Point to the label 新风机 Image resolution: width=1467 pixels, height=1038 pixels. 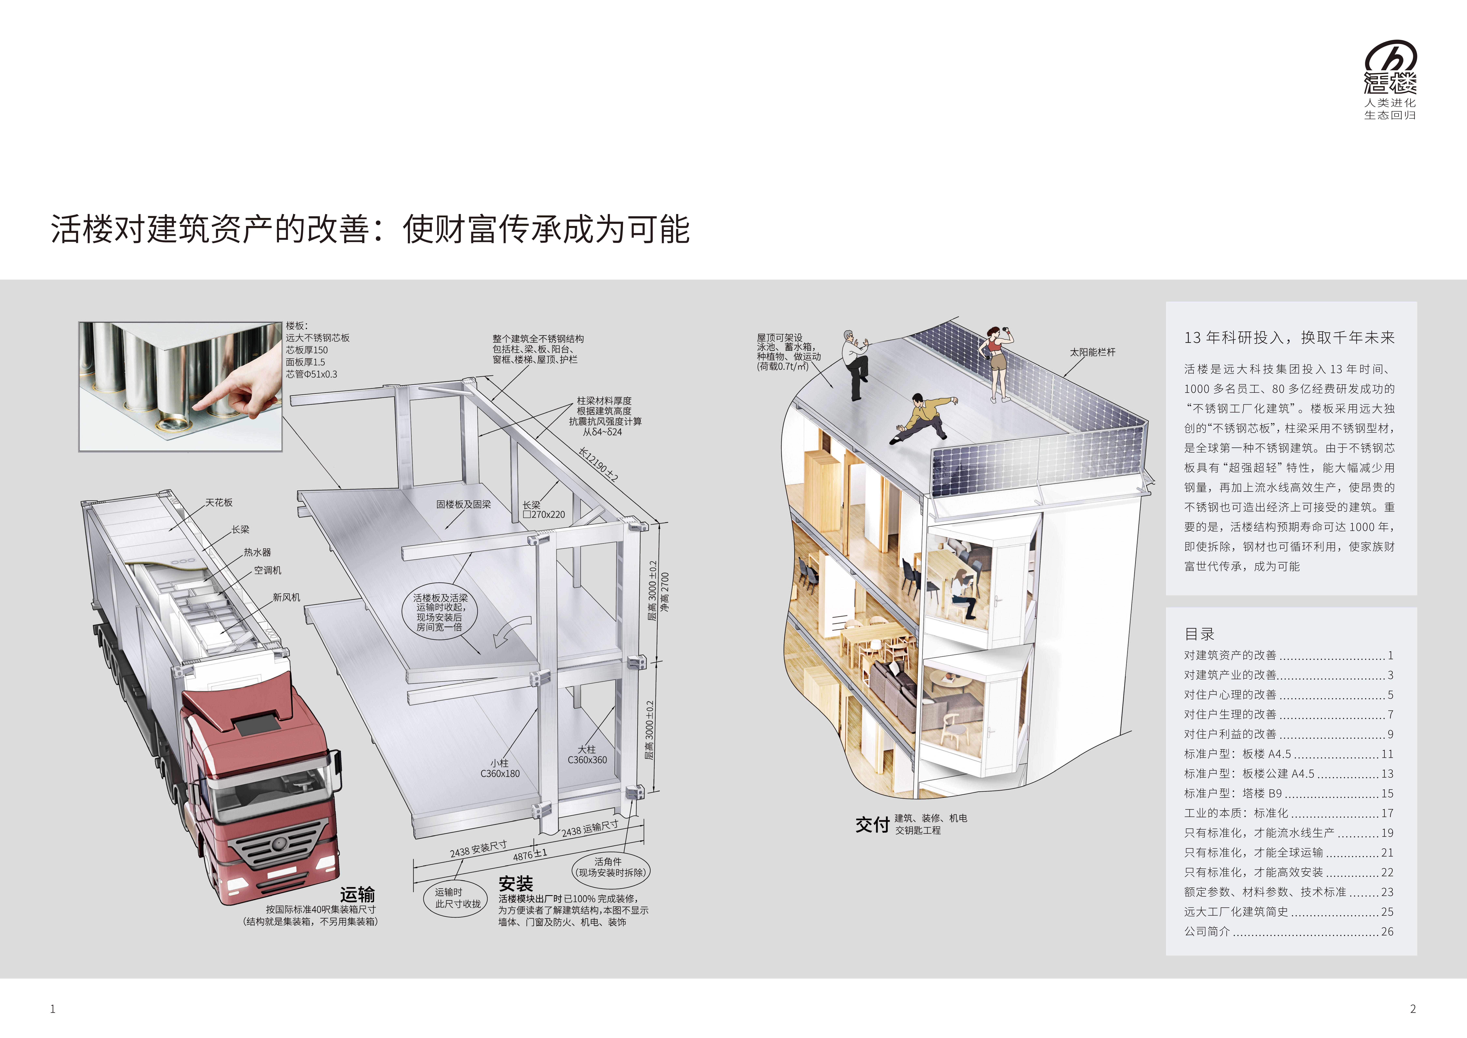(286, 597)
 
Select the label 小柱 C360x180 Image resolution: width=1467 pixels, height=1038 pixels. (500, 768)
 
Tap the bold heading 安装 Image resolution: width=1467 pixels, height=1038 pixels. (516, 884)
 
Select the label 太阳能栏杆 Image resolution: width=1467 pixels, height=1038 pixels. (1093, 352)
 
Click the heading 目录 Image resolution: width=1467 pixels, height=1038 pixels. (1199, 634)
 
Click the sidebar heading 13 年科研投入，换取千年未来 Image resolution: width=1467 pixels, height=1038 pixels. (1289, 337)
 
